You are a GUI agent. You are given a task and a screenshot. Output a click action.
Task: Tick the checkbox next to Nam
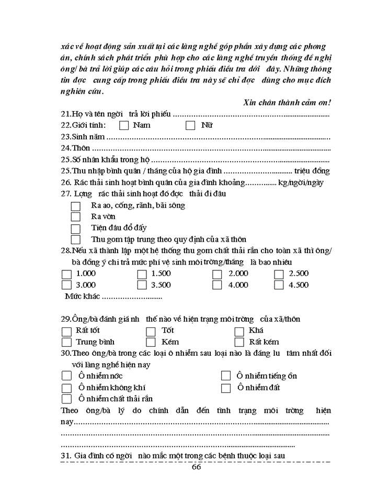124,125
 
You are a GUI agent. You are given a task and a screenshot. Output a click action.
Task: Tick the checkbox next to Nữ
190,125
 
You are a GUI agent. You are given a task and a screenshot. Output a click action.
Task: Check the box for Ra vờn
76,217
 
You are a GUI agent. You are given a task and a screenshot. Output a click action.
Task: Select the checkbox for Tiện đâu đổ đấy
76,228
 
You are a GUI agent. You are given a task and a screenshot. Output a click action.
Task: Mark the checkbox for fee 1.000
66,274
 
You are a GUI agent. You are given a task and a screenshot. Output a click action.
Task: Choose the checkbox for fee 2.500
279,274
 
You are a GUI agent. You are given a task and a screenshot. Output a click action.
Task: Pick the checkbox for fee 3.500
142,286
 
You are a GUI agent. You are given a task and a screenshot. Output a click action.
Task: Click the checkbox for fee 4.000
217,286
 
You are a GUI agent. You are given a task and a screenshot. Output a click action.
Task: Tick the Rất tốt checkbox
66,331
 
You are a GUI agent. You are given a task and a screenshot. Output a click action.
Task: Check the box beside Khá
239,331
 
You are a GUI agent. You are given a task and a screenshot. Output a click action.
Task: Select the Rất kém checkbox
239,343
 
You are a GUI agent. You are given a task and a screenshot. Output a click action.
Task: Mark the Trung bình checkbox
66,343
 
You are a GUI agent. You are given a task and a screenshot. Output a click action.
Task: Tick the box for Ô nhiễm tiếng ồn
226,376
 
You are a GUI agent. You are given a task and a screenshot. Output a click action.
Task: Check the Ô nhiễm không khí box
66,388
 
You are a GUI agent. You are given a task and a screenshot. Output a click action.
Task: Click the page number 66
197,467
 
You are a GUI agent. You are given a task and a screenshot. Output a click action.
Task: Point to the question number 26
66,182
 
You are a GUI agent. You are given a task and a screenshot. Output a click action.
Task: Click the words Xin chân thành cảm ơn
287,103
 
